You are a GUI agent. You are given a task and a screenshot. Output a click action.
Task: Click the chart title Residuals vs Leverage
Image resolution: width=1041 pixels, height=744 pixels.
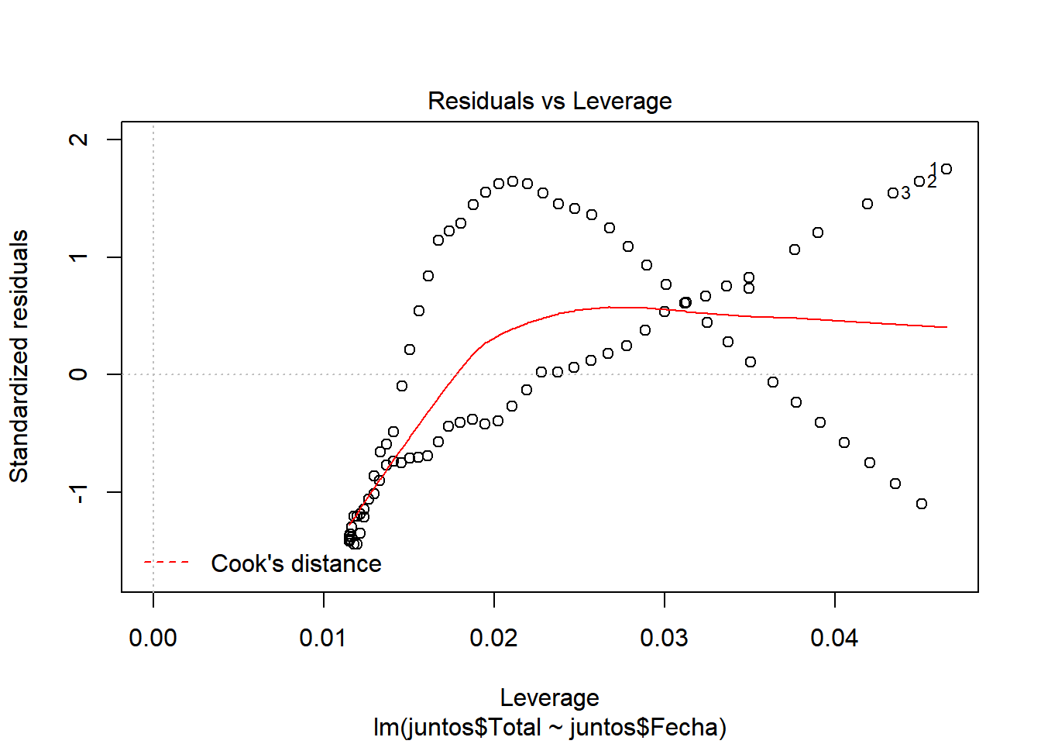549,102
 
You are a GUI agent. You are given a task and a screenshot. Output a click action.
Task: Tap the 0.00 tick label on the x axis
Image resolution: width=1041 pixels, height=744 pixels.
153,638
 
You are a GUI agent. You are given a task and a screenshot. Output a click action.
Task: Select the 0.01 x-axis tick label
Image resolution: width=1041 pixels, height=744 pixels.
323,638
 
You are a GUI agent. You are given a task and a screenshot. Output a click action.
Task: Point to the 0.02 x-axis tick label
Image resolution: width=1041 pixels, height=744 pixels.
493,638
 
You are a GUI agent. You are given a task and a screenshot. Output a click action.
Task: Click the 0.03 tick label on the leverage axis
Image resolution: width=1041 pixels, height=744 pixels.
664,638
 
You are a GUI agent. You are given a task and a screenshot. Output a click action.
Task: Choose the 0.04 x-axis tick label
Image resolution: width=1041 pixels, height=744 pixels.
834,638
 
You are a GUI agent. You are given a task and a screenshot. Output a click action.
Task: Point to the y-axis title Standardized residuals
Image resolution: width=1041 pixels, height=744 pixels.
19,356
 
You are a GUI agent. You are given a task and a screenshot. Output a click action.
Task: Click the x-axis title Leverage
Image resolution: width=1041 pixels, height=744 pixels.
549,697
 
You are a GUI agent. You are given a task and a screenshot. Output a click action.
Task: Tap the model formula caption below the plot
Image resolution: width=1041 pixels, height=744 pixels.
549,728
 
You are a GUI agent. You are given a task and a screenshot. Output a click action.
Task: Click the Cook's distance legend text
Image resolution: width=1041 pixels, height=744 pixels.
296,563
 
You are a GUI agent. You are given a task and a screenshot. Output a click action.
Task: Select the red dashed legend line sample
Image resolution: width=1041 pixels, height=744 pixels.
167,563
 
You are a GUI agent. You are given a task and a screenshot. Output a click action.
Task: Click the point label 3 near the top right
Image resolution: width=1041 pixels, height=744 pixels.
905,193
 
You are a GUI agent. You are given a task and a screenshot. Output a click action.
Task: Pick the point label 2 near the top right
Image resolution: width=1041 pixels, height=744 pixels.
932,182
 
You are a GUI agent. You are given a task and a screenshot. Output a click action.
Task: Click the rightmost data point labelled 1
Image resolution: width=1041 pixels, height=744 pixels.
947,169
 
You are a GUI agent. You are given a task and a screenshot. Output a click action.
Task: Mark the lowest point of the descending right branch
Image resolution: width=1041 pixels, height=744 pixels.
922,504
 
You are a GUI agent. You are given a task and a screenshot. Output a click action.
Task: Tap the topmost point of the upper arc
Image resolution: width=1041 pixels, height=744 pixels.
513,181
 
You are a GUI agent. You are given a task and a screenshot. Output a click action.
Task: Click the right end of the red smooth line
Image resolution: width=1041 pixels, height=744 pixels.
946,327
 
